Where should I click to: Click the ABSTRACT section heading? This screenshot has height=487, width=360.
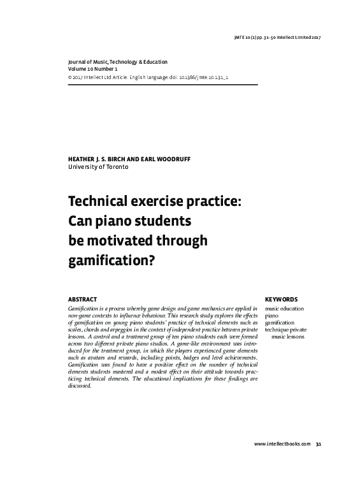pyautogui.click(x=82, y=299)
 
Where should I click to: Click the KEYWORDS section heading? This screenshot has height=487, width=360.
pyautogui.click(x=280, y=299)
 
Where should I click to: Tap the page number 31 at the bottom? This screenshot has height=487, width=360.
pyautogui.click(x=318, y=444)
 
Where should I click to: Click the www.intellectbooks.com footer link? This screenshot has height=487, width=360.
pyautogui.click(x=282, y=444)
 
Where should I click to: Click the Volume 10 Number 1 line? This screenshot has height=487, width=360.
pyautogui.click(x=97, y=68)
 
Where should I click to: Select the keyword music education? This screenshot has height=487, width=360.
pyautogui.click(x=284, y=309)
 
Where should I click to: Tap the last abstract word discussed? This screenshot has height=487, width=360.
pyautogui.click(x=80, y=385)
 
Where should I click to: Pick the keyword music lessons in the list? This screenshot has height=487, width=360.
pyautogui.click(x=288, y=336)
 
